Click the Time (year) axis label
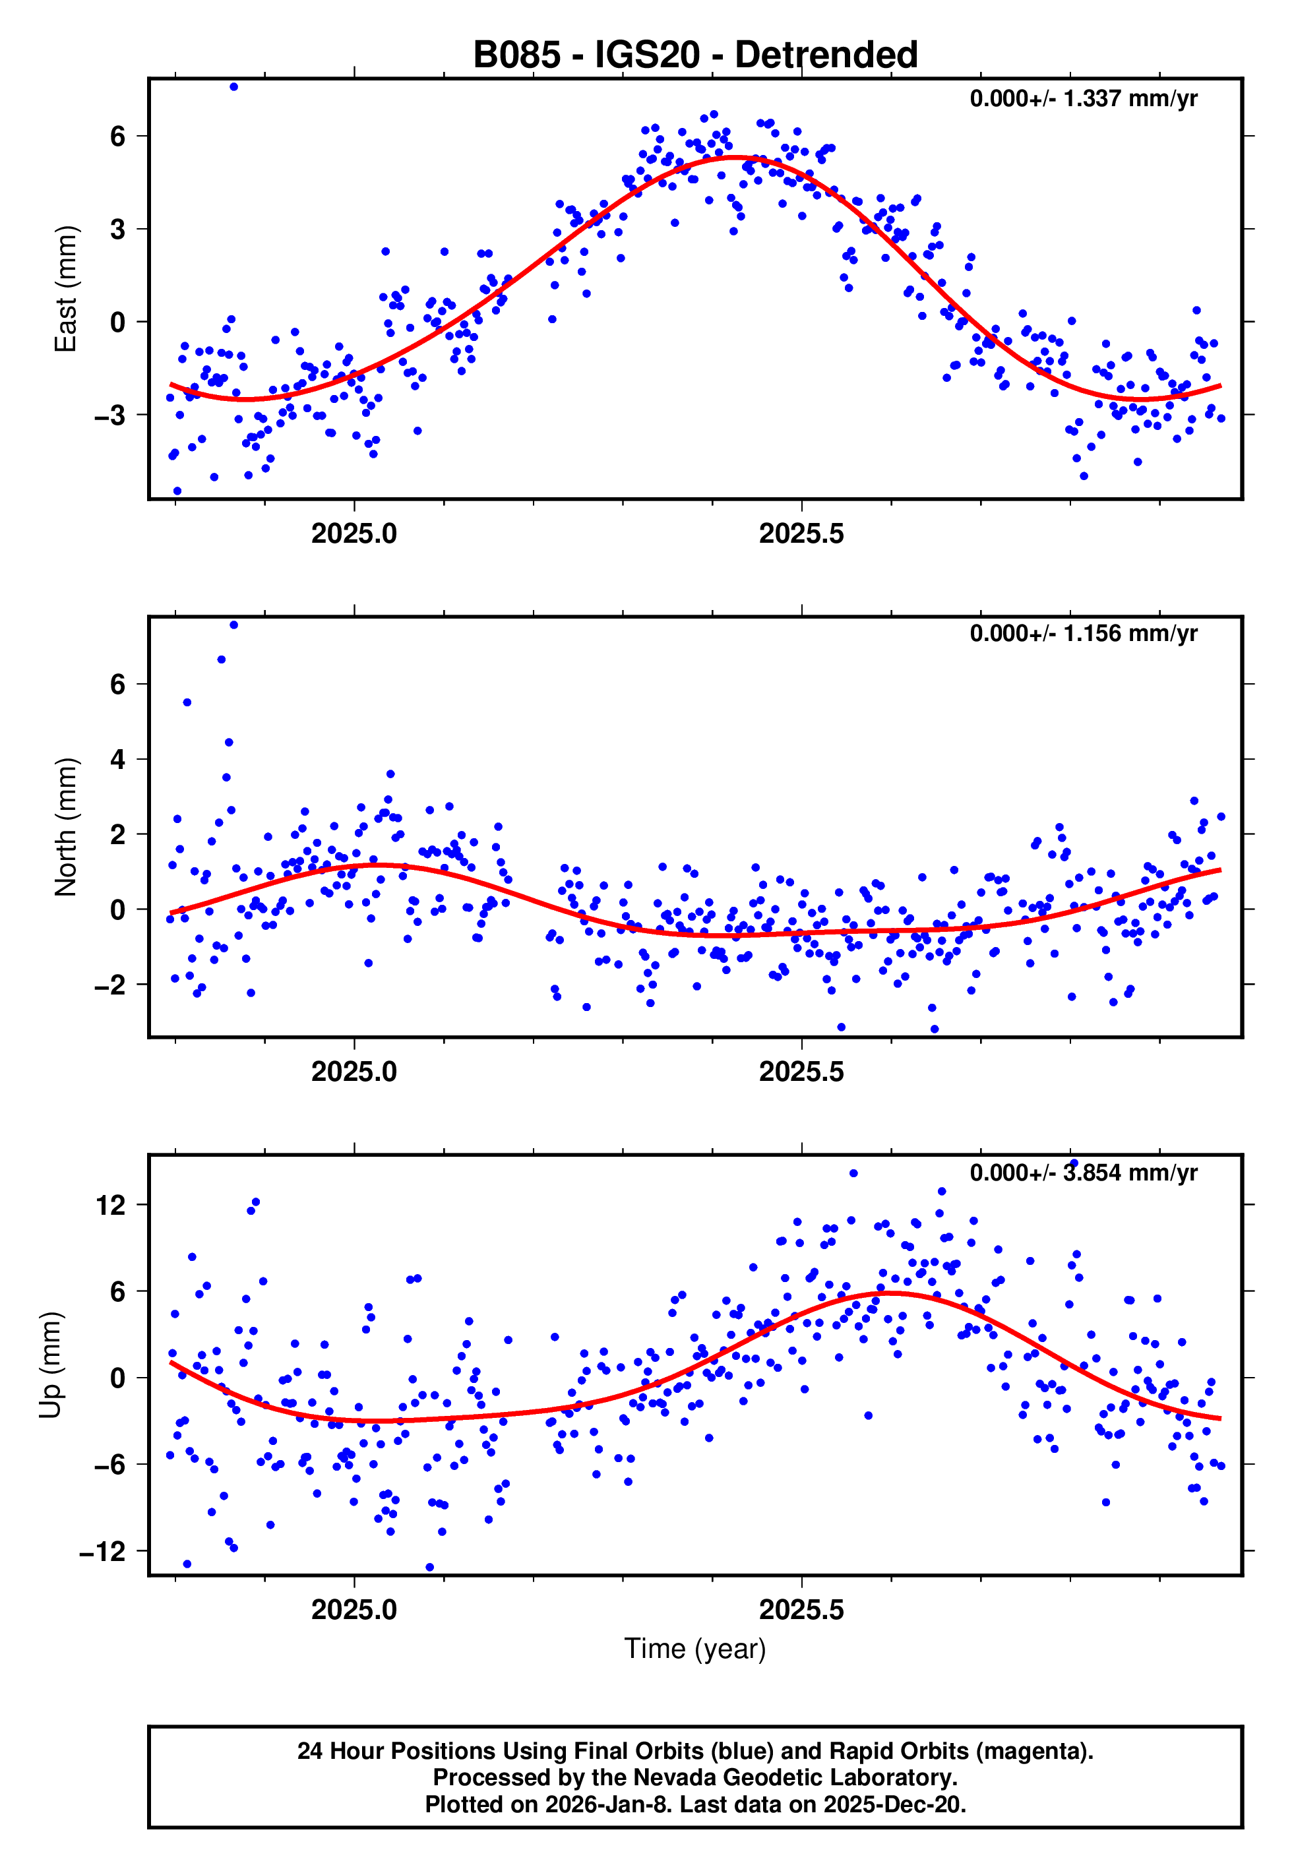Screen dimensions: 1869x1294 click(x=695, y=1649)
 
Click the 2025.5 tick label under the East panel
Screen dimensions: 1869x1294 click(x=801, y=534)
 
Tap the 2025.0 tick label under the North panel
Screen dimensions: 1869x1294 click(x=354, y=1072)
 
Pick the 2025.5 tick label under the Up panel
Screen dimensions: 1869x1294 click(x=801, y=1610)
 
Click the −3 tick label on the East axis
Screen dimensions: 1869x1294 click(x=109, y=415)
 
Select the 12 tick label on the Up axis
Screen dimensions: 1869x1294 click(x=110, y=1205)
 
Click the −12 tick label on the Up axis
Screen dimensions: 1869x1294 click(x=102, y=1551)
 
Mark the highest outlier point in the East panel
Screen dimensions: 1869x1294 click(x=233, y=86)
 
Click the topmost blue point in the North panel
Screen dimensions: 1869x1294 click(x=233, y=625)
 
